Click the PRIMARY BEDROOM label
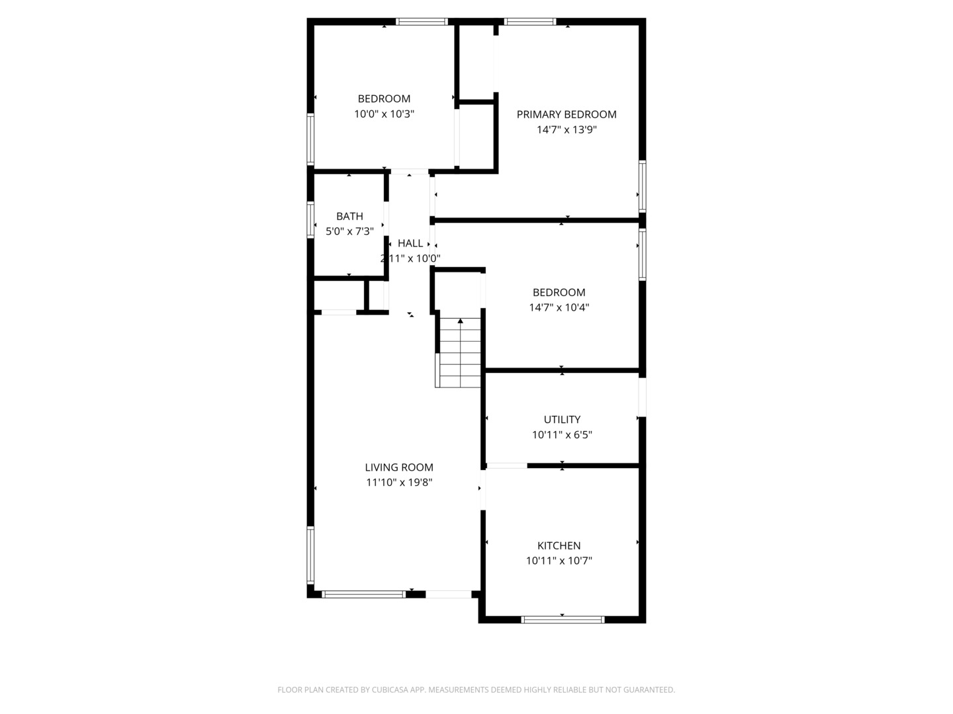[x=566, y=114]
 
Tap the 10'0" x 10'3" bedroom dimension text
[x=385, y=114]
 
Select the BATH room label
[x=349, y=216]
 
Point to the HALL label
[x=410, y=243]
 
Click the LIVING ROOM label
[x=399, y=467]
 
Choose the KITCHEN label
[x=559, y=545]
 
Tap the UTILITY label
[x=563, y=419]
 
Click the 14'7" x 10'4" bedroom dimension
[x=559, y=307]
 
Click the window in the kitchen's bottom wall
[x=563, y=619]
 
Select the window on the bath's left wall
[x=310, y=219]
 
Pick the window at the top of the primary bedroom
[x=530, y=22]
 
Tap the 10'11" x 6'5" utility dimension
[x=563, y=434]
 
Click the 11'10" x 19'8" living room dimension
[x=399, y=483]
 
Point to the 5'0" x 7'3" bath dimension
[x=349, y=231]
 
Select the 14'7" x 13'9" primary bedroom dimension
[x=567, y=130]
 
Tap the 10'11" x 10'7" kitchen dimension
[x=559, y=561]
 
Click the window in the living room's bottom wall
[x=363, y=594]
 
